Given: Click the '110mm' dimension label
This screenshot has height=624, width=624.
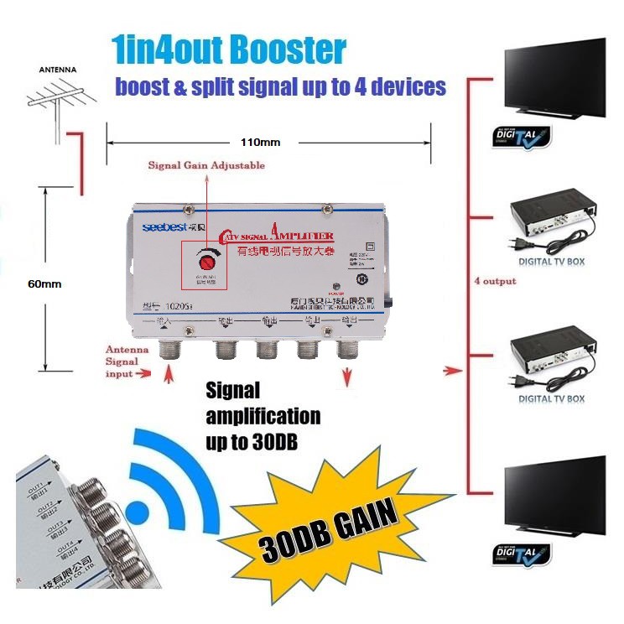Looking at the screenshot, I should [260, 142].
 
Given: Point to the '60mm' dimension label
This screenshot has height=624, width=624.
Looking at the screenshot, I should [46, 283].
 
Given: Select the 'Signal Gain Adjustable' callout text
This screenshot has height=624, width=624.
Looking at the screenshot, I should [206, 165].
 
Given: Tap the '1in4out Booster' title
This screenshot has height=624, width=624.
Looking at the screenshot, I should [228, 50].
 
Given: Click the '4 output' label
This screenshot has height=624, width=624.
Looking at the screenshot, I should [494, 281].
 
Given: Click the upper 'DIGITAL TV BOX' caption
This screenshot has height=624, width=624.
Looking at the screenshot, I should [551, 262].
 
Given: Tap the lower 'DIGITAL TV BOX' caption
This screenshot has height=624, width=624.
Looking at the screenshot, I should [551, 399].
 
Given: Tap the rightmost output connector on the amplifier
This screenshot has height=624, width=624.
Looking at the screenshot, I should [346, 346].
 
